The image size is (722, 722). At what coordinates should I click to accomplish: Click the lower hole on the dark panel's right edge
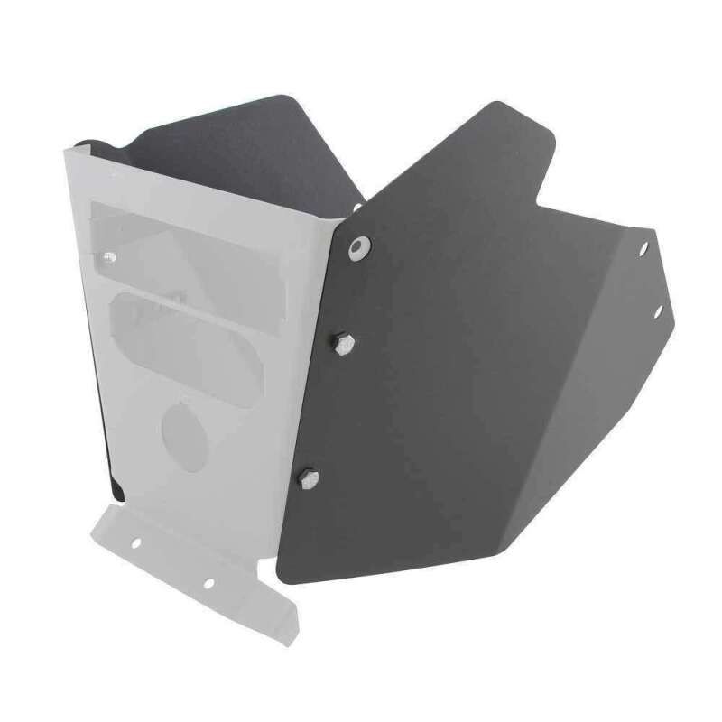(x=659, y=310)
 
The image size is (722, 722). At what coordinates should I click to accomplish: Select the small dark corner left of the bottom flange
(x=117, y=489)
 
